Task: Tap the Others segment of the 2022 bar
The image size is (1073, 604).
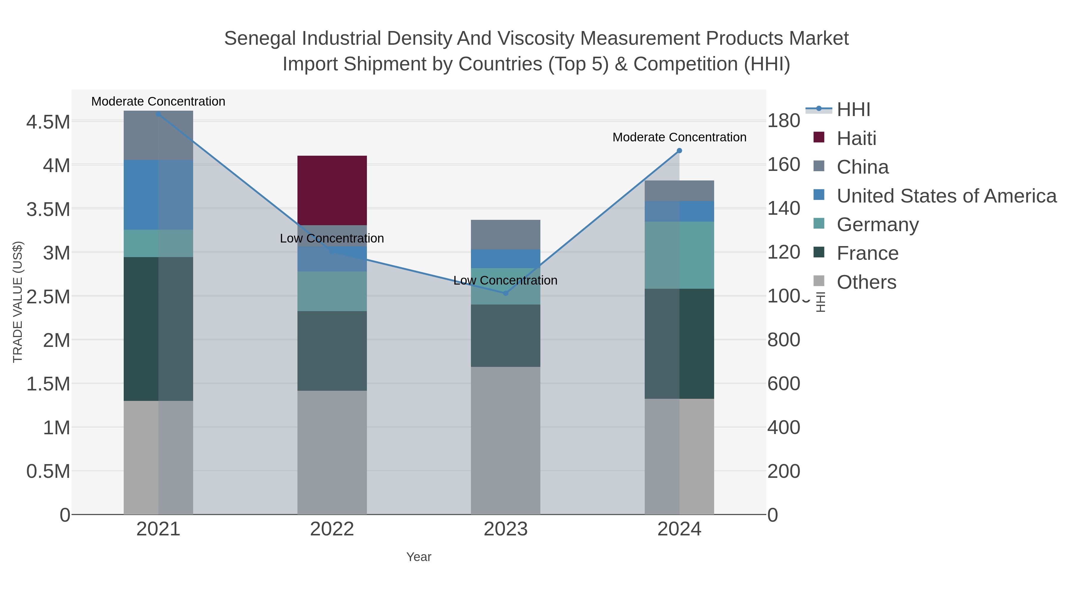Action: pos(332,452)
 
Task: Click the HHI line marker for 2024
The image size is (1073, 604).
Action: pos(679,151)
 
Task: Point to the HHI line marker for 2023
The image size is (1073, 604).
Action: pos(506,293)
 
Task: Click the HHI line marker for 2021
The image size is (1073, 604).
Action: pos(158,114)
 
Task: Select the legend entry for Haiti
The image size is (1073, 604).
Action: pos(856,138)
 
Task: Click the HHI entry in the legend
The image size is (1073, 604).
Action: pos(853,109)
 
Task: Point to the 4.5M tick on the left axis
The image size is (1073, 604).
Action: pos(48,122)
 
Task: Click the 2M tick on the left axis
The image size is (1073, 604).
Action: pos(56,340)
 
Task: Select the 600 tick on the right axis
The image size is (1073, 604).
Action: pos(784,384)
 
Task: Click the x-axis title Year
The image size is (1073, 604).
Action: pos(419,557)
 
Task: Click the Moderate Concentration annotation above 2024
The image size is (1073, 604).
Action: pos(679,137)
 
